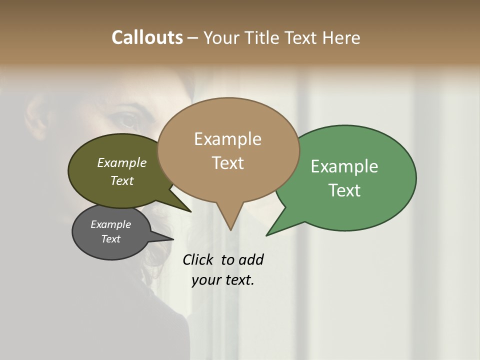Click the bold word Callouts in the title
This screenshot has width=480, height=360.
click(147, 37)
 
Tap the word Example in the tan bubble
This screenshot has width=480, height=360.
click(227, 139)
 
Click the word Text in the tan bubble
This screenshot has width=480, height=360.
click(227, 162)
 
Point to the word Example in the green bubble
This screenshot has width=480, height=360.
click(344, 166)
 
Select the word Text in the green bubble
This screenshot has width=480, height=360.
click(344, 190)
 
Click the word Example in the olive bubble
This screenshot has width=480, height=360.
click(122, 162)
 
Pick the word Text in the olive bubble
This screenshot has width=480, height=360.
click(122, 180)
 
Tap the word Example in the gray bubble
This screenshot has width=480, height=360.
click(110, 224)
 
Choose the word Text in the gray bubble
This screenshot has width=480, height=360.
click(110, 239)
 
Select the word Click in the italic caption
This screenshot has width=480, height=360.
click(198, 259)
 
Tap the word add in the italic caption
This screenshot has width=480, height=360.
click(251, 259)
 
